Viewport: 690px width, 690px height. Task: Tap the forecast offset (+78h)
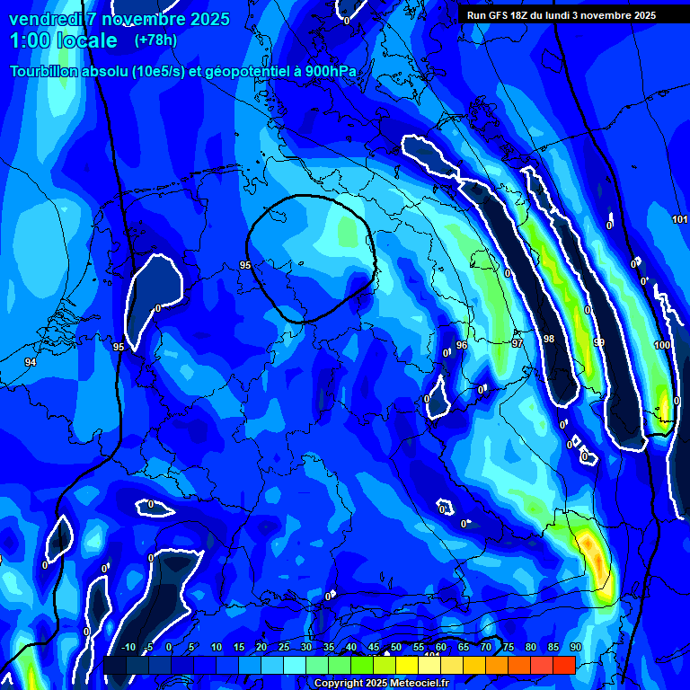[155, 40]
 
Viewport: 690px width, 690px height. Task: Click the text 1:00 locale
[63, 40]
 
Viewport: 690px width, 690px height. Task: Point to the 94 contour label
[31, 362]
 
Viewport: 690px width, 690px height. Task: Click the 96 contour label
[462, 345]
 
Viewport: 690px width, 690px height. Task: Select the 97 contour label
[517, 343]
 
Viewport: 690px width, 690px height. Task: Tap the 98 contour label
[549, 339]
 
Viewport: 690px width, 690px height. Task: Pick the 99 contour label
[599, 343]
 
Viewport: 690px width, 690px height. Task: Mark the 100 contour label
[662, 345]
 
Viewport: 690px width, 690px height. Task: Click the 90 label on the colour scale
[575, 647]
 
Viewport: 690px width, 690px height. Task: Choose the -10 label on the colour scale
[128, 647]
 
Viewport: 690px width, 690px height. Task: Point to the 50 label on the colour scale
[396, 647]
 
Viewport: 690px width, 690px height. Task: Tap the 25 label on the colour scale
[284, 647]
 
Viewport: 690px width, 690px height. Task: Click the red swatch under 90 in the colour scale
[564, 665]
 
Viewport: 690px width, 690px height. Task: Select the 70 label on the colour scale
[486, 647]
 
